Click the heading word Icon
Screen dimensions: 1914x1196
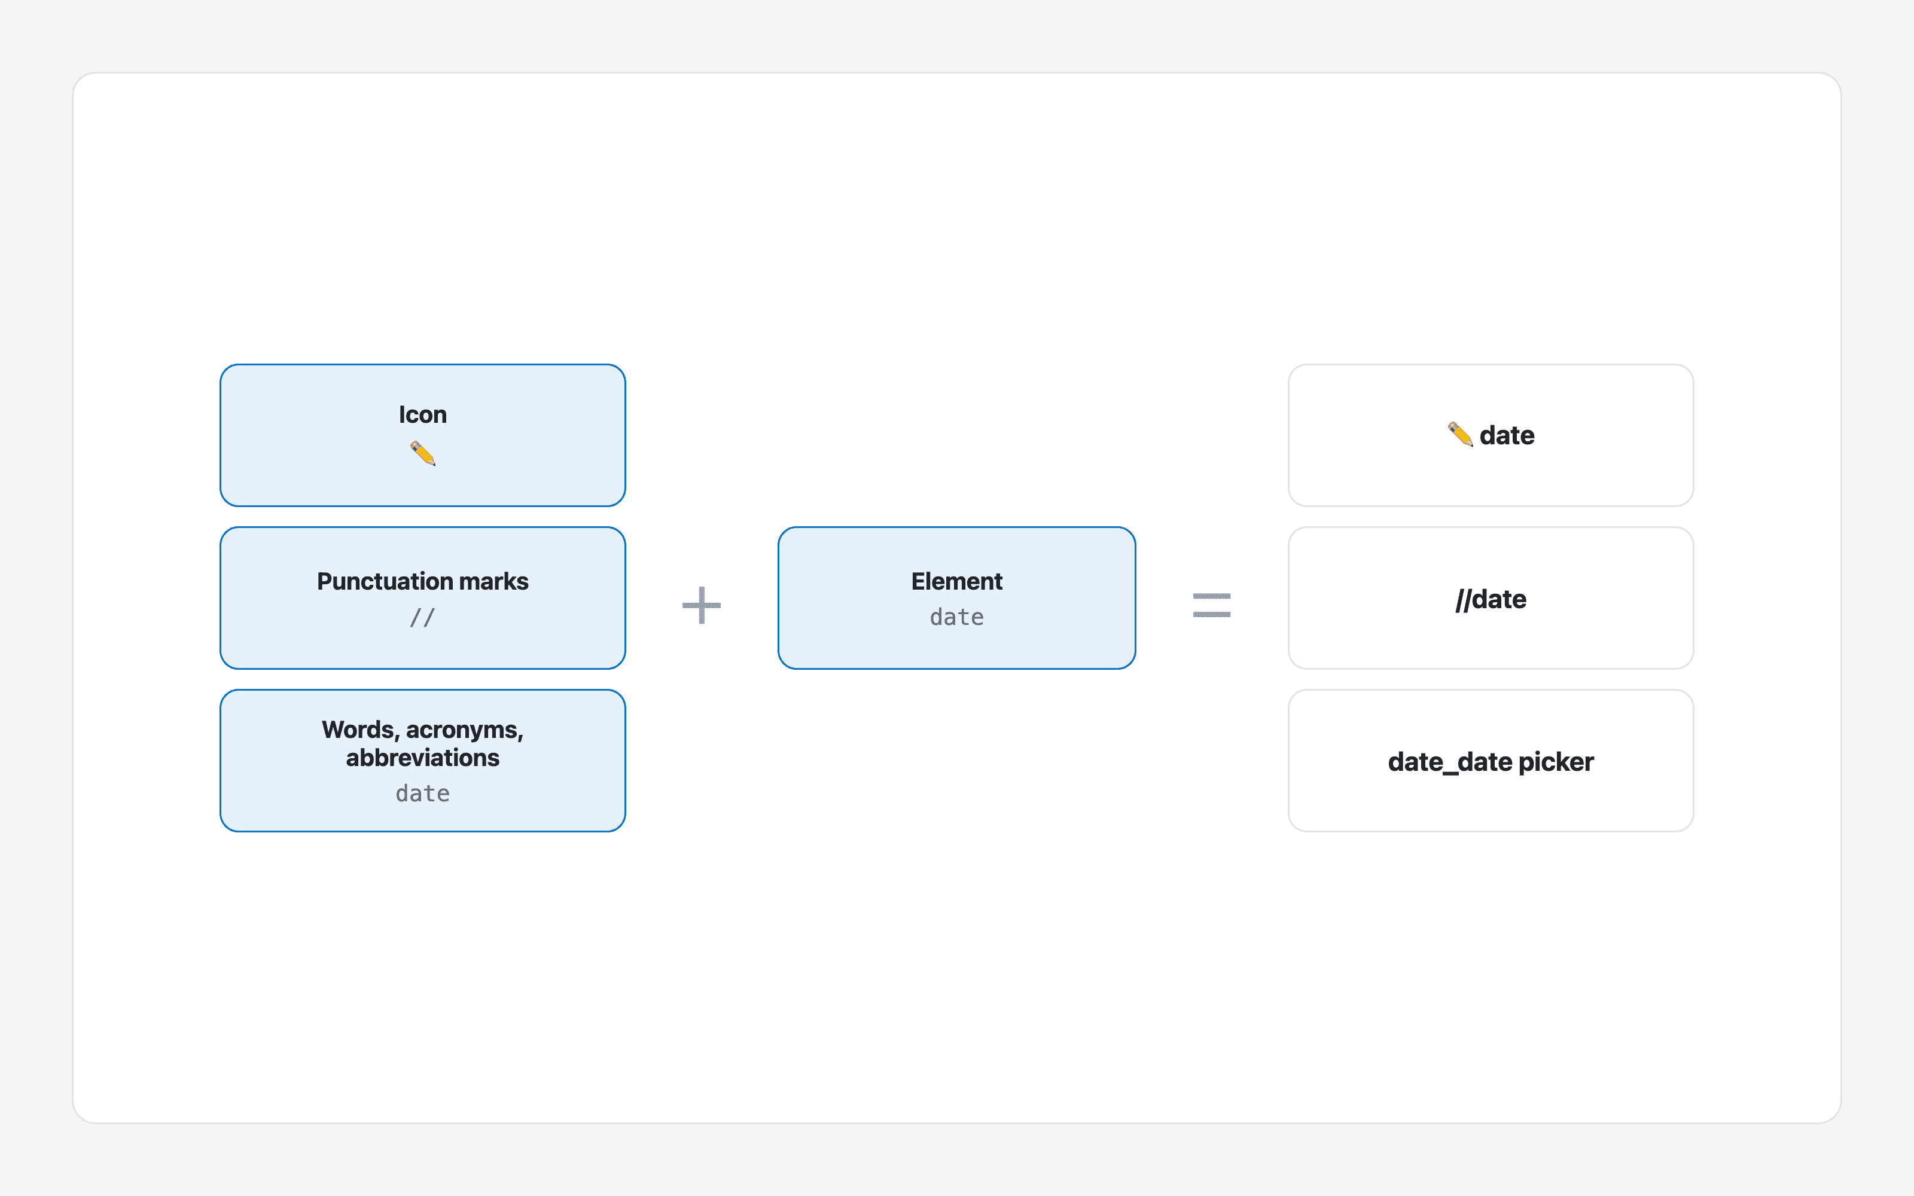coord(422,414)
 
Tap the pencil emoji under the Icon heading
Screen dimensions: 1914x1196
coord(423,453)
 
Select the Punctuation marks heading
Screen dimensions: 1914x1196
coord(422,581)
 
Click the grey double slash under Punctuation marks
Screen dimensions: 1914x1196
coord(422,617)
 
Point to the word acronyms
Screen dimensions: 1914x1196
coord(464,730)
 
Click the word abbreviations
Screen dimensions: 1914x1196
coord(422,758)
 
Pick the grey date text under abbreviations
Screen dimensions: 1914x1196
coord(422,794)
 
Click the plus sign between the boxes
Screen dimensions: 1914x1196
coord(702,605)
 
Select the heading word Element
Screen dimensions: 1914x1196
coord(956,581)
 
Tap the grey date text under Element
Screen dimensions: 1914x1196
coord(956,617)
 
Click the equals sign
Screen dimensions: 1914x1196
coord(1212,605)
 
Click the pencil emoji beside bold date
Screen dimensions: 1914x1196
coord(1460,434)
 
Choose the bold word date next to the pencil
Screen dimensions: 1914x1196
coord(1507,435)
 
